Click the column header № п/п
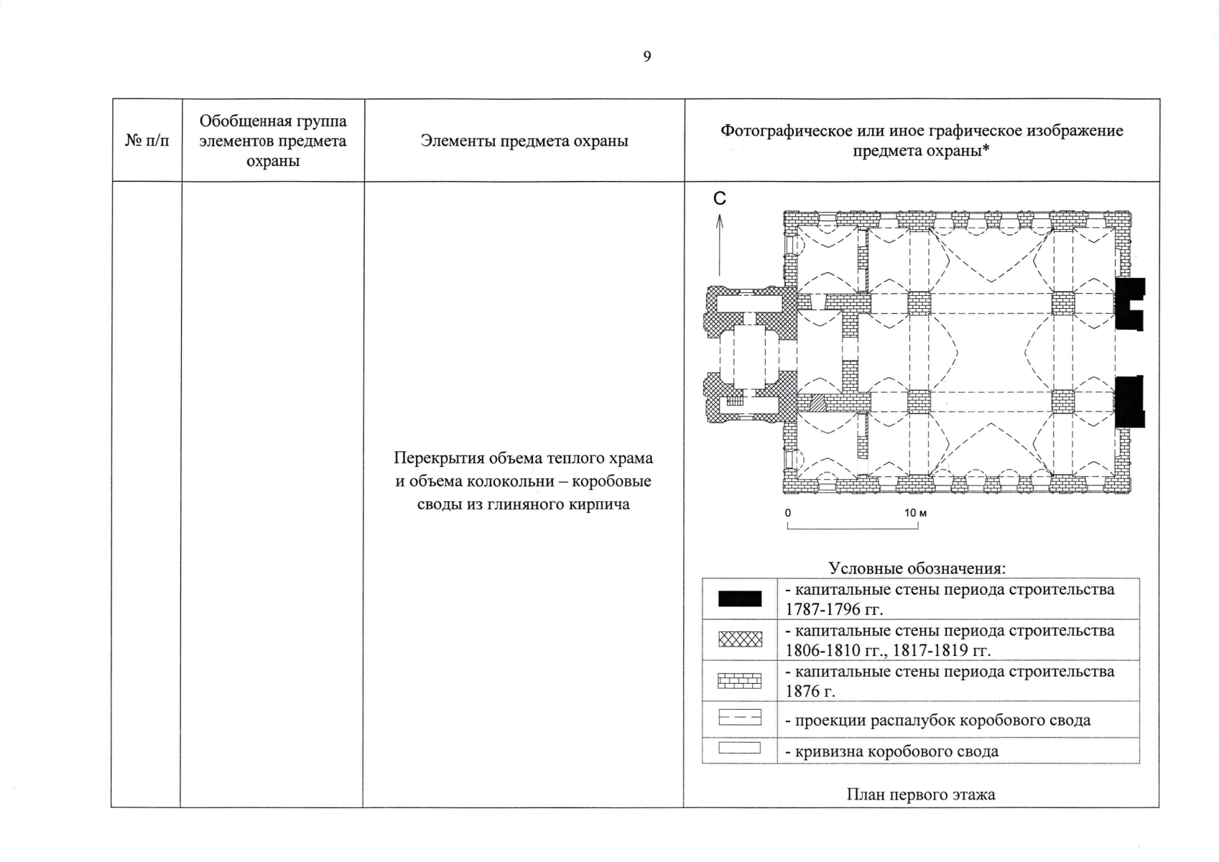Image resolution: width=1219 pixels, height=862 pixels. [147, 141]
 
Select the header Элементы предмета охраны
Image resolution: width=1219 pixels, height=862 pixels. [524, 141]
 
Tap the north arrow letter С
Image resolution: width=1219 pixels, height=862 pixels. [719, 199]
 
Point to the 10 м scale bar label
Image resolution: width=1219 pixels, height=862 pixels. [915, 513]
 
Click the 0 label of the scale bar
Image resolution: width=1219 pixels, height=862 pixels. [788, 513]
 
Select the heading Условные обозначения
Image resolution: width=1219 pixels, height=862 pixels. [917, 568]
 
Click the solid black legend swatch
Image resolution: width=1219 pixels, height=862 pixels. [739, 599]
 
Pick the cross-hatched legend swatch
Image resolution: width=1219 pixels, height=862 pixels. [739, 639]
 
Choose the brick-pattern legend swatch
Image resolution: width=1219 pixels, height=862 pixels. [739, 680]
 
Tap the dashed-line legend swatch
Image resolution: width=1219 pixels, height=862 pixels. [739, 718]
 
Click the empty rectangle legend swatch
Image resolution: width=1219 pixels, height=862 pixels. [739, 749]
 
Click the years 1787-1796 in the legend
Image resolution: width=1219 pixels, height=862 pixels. [833, 610]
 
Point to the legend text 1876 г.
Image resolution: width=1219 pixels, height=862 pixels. [810, 691]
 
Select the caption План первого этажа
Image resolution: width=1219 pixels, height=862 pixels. [920, 794]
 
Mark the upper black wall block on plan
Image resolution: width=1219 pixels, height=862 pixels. [1128, 304]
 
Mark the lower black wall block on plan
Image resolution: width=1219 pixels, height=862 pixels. [1128, 402]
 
